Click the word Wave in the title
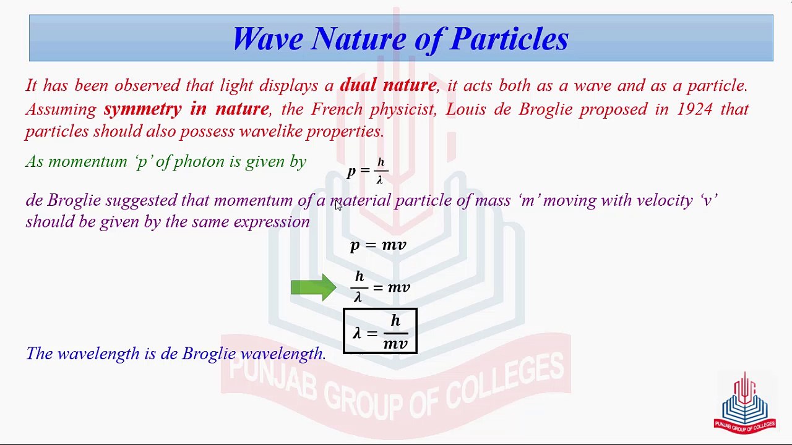[x=268, y=38]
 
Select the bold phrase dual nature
[x=388, y=85]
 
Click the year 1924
[x=695, y=109]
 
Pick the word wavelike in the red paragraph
[x=269, y=132]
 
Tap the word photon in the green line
[x=199, y=162]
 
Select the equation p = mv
[x=378, y=245]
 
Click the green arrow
[x=314, y=287]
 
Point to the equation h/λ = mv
[x=380, y=287]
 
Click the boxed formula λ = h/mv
[x=380, y=331]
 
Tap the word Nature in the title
[x=358, y=38]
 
